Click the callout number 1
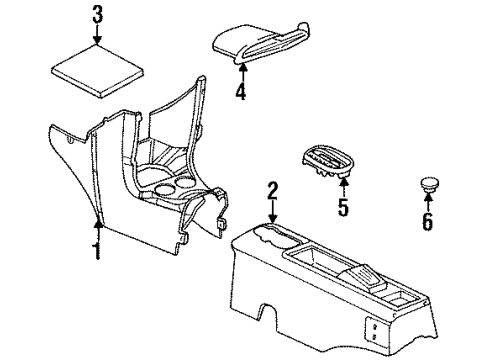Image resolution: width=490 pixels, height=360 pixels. click(x=97, y=249)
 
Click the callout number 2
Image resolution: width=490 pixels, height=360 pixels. click(x=272, y=188)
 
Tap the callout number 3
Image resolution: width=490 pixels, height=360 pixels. click(x=97, y=15)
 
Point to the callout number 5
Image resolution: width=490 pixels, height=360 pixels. click(x=343, y=209)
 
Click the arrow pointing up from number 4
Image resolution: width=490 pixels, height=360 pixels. click(x=240, y=72)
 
